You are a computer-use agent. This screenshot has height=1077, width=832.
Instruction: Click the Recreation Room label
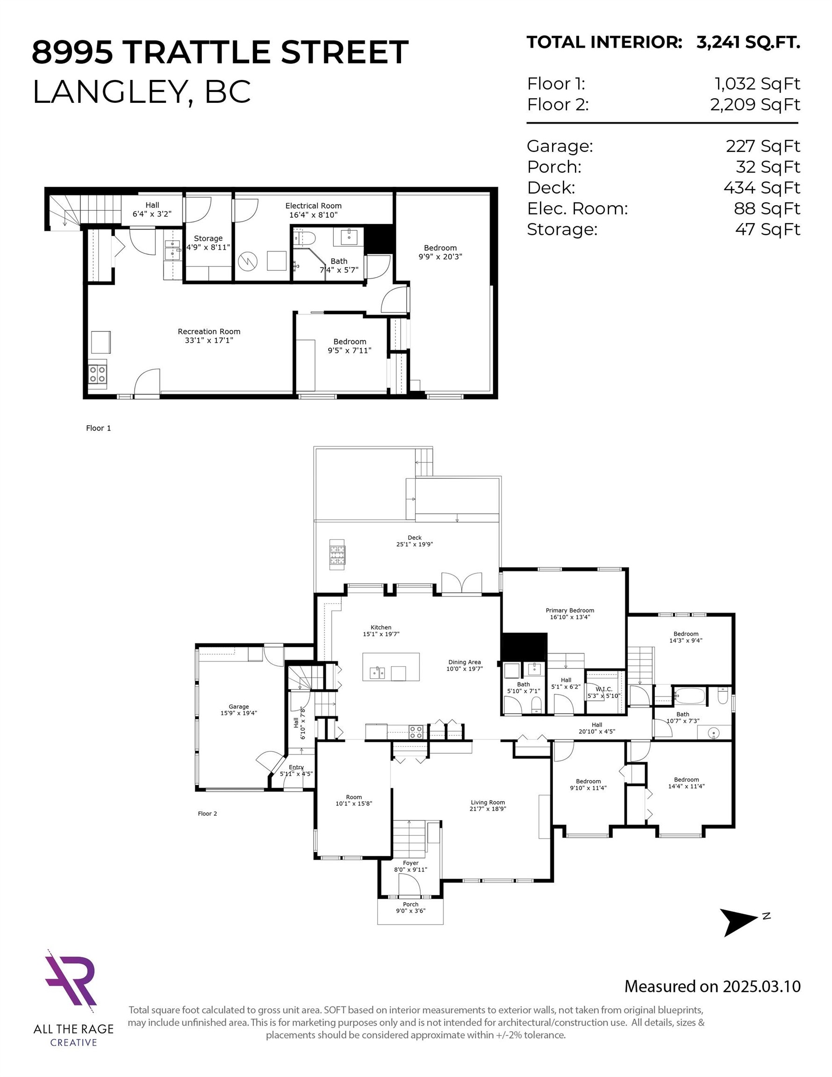pos(209,331)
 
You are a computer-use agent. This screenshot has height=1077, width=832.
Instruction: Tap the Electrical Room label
pos(313,206)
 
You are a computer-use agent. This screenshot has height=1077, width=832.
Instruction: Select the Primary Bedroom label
pos(570,610)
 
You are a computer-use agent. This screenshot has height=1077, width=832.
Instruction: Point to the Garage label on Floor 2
pos(239,706)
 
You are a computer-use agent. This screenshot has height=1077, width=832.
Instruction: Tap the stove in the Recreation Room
pos(97,374)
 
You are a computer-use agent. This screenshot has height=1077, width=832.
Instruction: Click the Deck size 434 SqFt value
pos(761,188)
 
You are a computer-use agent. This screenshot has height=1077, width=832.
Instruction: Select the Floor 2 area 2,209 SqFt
pos(754,105)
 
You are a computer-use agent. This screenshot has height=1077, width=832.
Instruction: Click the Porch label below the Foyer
pos(410,905)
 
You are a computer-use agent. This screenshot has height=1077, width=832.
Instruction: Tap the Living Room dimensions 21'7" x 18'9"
pos(488,809)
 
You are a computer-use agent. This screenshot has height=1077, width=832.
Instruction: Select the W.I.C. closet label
pos(603,689)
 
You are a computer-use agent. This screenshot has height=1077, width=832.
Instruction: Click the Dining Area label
pos(465,662)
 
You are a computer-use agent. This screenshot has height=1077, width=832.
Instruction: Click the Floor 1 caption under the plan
pos(99,428)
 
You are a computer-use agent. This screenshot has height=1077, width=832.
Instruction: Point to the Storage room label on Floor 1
pos(208,238)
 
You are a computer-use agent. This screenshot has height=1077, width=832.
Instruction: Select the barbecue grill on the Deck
pos(337,555)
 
